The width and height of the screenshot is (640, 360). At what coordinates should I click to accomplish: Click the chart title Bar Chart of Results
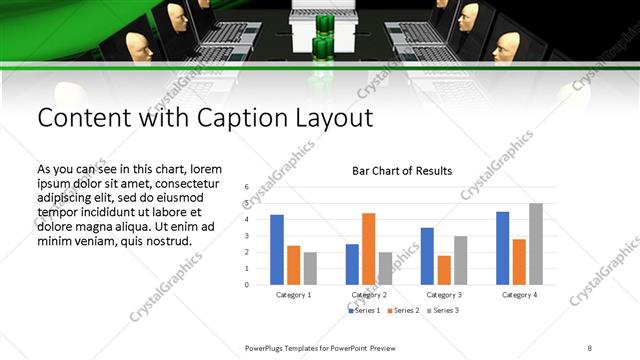402,171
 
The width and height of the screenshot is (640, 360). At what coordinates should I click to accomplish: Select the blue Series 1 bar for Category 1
277,249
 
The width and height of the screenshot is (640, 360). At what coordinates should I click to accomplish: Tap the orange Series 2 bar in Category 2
368,248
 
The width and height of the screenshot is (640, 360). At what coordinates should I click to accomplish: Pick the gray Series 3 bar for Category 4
536,243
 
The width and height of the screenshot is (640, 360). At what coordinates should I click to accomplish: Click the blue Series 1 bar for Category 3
427,256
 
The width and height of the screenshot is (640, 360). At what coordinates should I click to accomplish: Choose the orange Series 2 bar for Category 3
444,270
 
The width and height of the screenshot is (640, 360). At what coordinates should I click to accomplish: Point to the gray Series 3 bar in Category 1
310,268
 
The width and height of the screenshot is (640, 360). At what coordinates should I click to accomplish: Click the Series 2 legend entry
404,311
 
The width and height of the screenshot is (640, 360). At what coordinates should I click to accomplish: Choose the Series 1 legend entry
365,311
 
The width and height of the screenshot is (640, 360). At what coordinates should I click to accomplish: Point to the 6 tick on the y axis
246,187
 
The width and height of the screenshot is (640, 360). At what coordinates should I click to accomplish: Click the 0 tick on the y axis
246,284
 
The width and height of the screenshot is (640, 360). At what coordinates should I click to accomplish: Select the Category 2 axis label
369,295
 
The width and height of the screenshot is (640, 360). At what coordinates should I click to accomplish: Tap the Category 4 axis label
519,295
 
